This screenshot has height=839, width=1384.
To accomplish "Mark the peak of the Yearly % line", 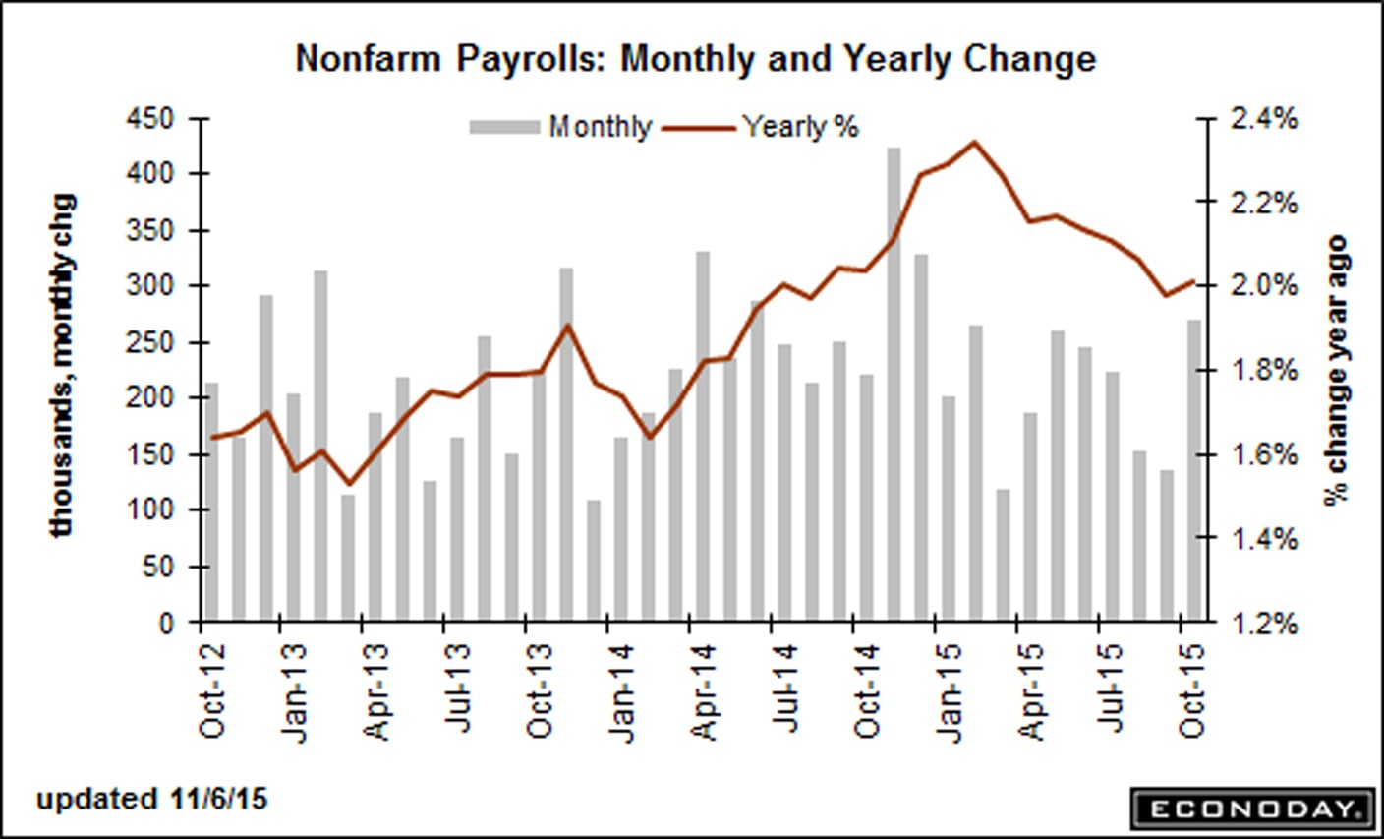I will tap(974, 142).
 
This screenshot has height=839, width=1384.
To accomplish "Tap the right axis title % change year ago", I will tap(1335, 370).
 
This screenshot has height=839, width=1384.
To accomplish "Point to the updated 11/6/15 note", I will tap(151, 798).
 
